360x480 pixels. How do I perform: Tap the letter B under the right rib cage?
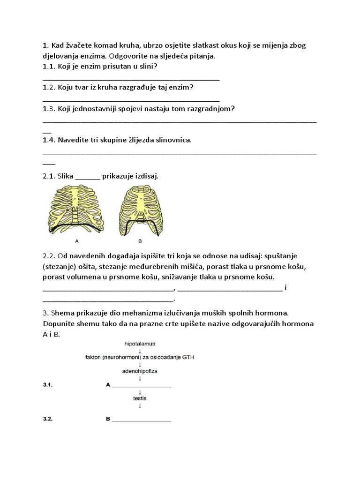point(140,241)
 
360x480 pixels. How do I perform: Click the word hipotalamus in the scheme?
point(140,344)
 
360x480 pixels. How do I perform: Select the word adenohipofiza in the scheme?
point(140,370)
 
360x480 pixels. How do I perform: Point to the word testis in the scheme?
point(140,398)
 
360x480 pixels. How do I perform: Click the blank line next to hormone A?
point(141,386)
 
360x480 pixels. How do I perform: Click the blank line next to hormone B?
point(141,420)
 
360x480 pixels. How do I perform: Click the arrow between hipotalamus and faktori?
point(140,351)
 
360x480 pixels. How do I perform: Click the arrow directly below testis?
point(140,406)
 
